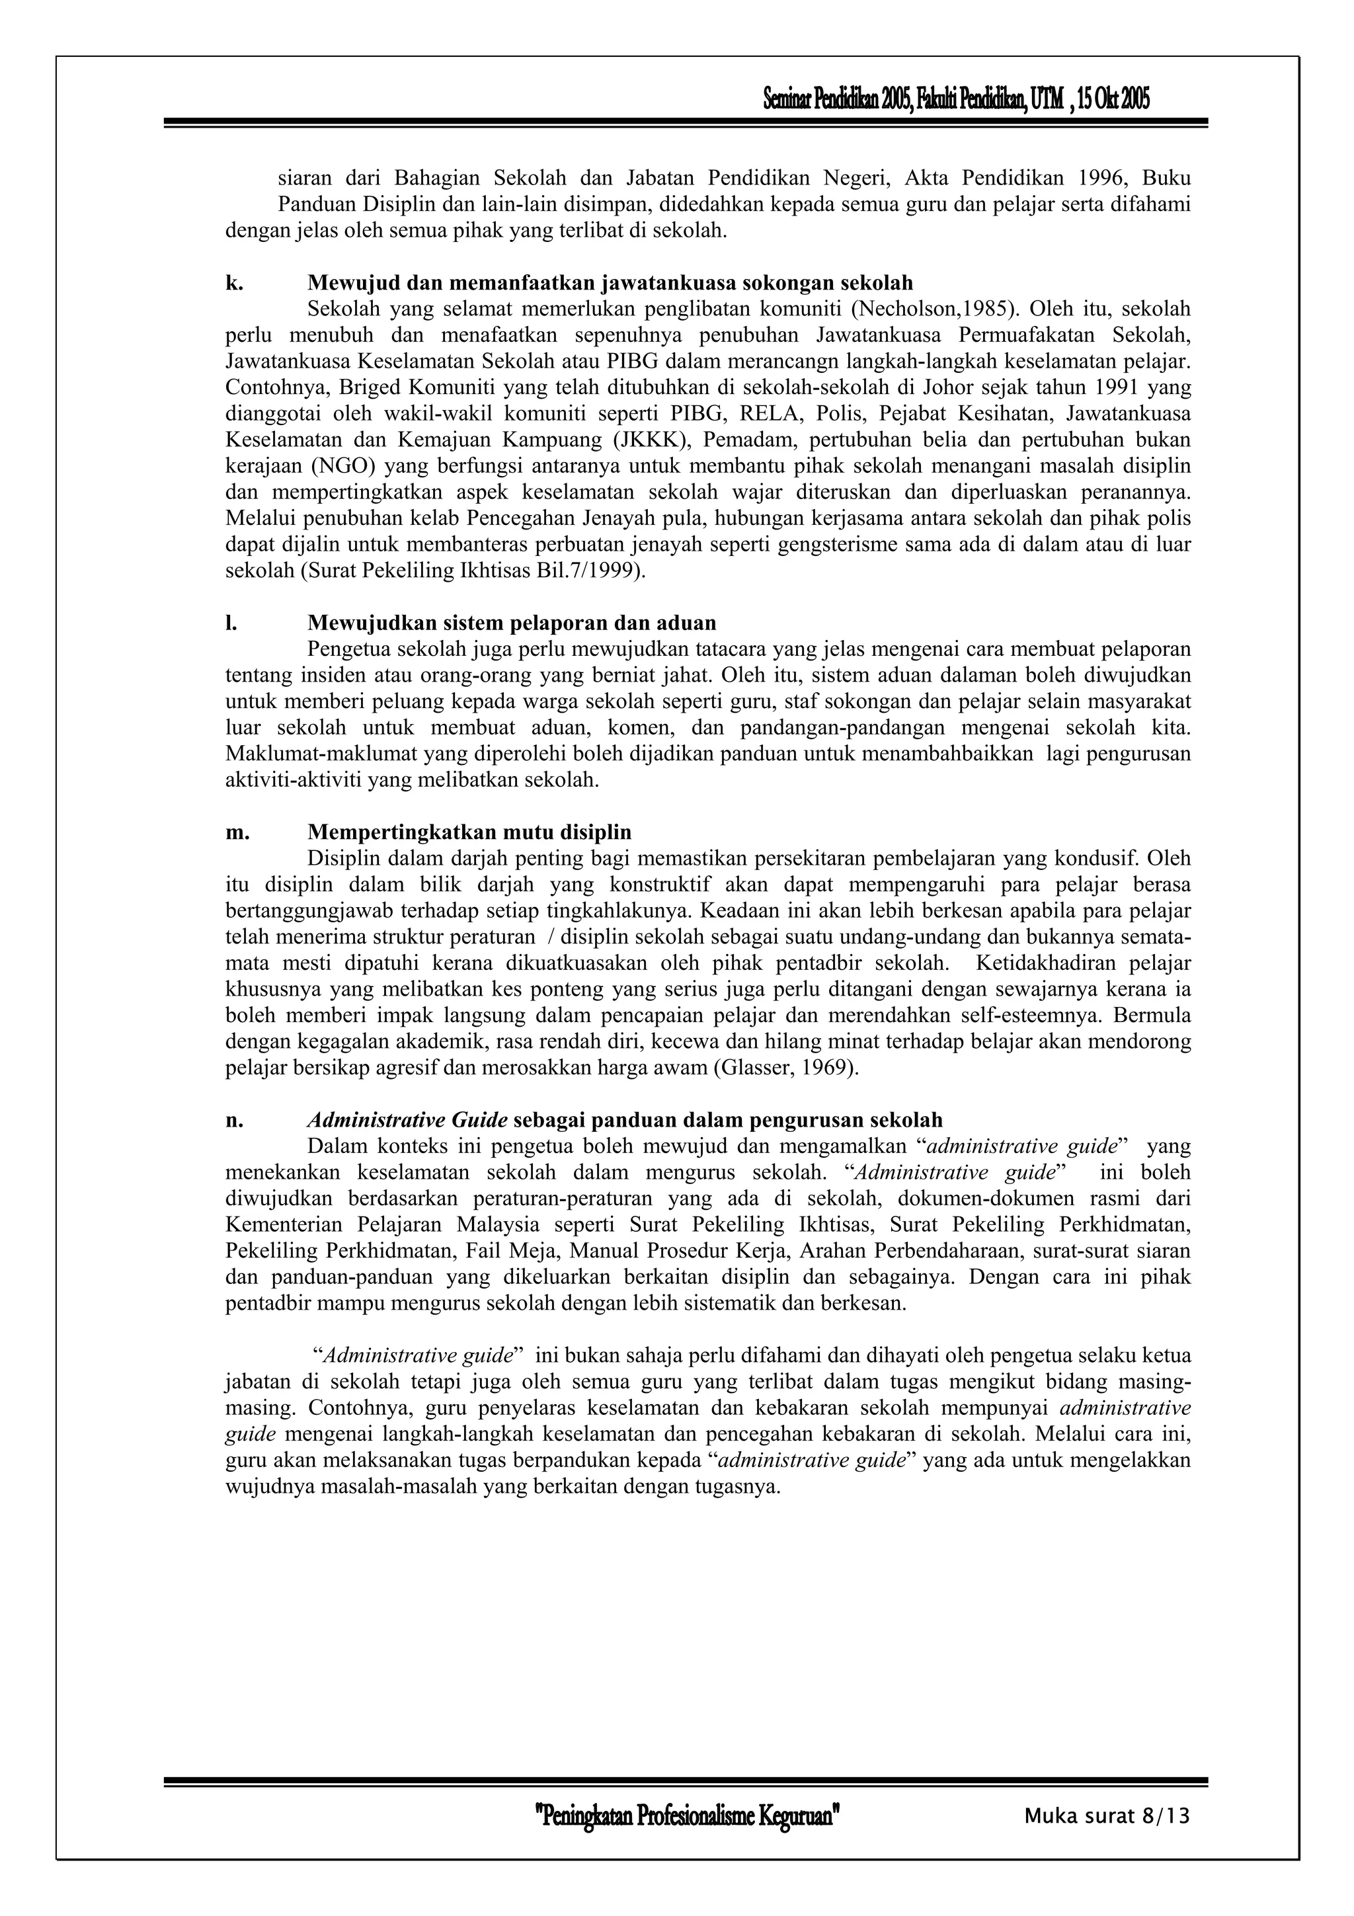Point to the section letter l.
230,623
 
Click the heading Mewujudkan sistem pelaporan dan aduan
512,623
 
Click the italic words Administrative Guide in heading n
407,1120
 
